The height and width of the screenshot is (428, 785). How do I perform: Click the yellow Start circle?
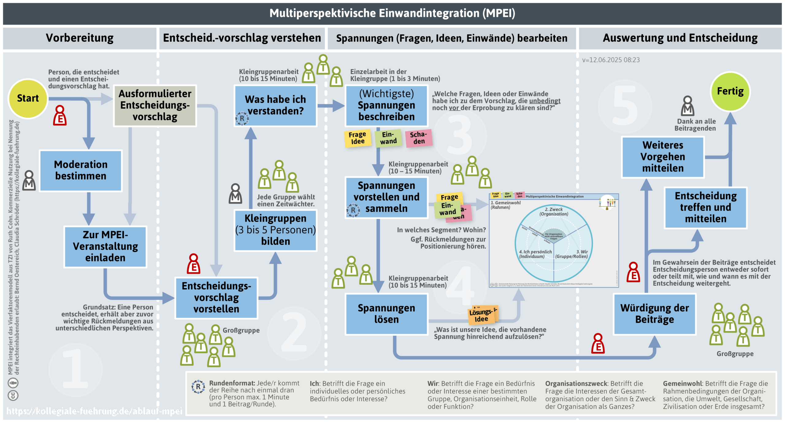(x=28, y=98)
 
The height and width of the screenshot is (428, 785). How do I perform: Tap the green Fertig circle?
(x=730, y=91)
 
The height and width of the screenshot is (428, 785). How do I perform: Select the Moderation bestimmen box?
(x=81, y=171)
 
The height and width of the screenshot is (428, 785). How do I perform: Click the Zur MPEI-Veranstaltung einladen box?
(x=105, y=246)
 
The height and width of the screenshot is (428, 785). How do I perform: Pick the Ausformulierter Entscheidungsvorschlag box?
(x=155, y=105)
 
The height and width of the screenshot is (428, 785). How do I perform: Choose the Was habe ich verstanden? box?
(x=275, y=105)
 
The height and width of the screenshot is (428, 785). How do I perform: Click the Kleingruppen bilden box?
(x=275, y=230)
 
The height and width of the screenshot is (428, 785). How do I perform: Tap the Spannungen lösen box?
(x=386, y=314)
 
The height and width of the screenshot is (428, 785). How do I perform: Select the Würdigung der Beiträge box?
(x=654, y=314)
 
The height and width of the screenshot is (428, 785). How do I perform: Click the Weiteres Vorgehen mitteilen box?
(x=662, y=157)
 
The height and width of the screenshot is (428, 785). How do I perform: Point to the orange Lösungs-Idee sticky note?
(x=482, y=315)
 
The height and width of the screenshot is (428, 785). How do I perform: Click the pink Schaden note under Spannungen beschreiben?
(x=419, y=138)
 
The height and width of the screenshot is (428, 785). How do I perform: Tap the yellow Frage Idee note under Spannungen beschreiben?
(x=358, y=138)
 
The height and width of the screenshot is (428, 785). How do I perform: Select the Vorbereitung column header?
(x=80, y=38)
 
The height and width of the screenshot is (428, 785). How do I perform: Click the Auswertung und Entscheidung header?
(x=680, y=38)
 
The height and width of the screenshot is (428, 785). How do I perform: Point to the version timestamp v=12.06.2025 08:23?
(x=611, y=60)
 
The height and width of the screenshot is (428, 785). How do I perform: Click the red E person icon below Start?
(x=60, y=116)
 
